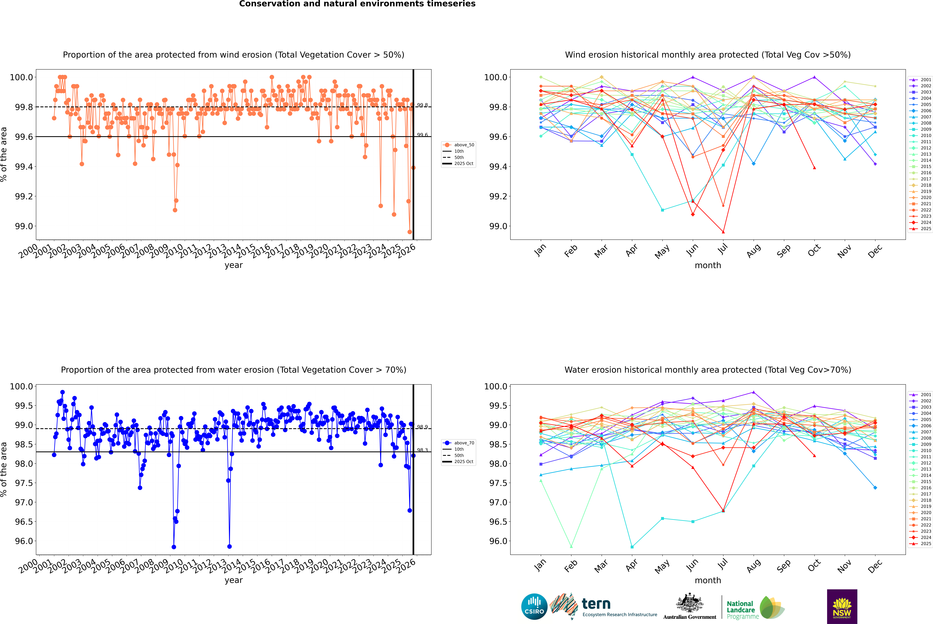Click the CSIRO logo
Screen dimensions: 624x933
(534, 607)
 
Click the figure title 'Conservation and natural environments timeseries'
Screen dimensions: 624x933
(357, 4)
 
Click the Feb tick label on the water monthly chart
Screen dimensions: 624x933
(571, 566)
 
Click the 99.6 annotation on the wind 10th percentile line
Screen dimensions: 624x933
(422, 135)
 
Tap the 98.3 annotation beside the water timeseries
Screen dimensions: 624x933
(422, 450)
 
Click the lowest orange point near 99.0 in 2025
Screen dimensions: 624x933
(410, 232)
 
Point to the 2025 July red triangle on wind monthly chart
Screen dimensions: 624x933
(723, 232)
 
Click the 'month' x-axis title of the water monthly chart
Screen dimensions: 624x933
(707, 580)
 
